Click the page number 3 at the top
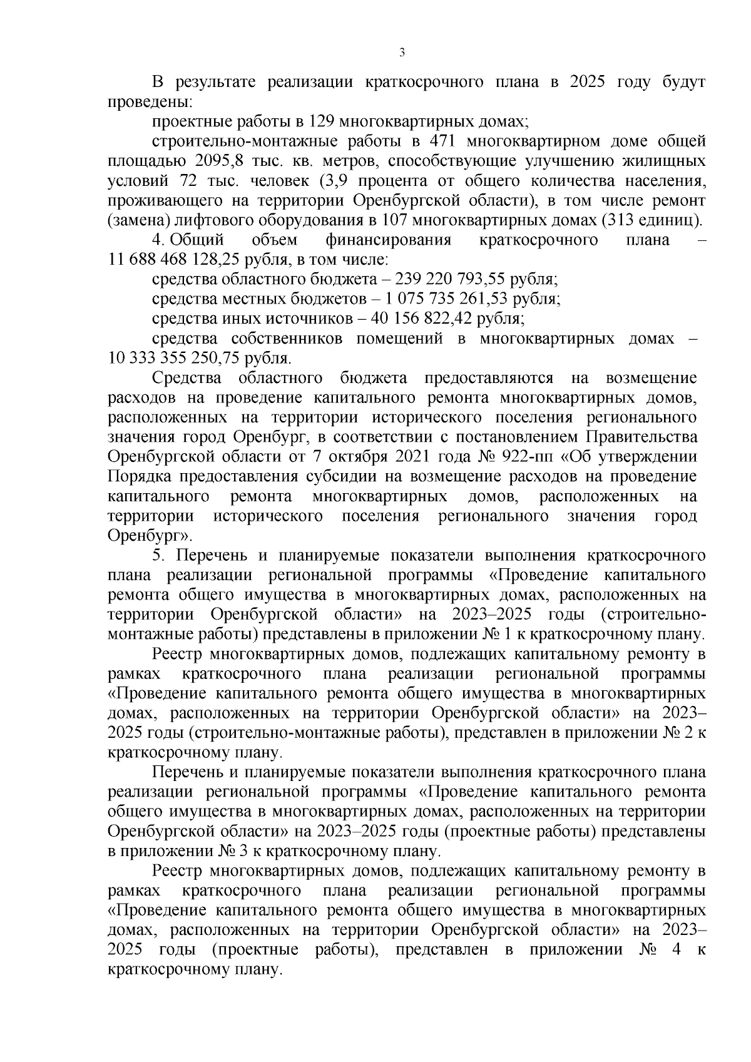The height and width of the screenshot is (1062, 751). pyautogui.click(x=402, y=53)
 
